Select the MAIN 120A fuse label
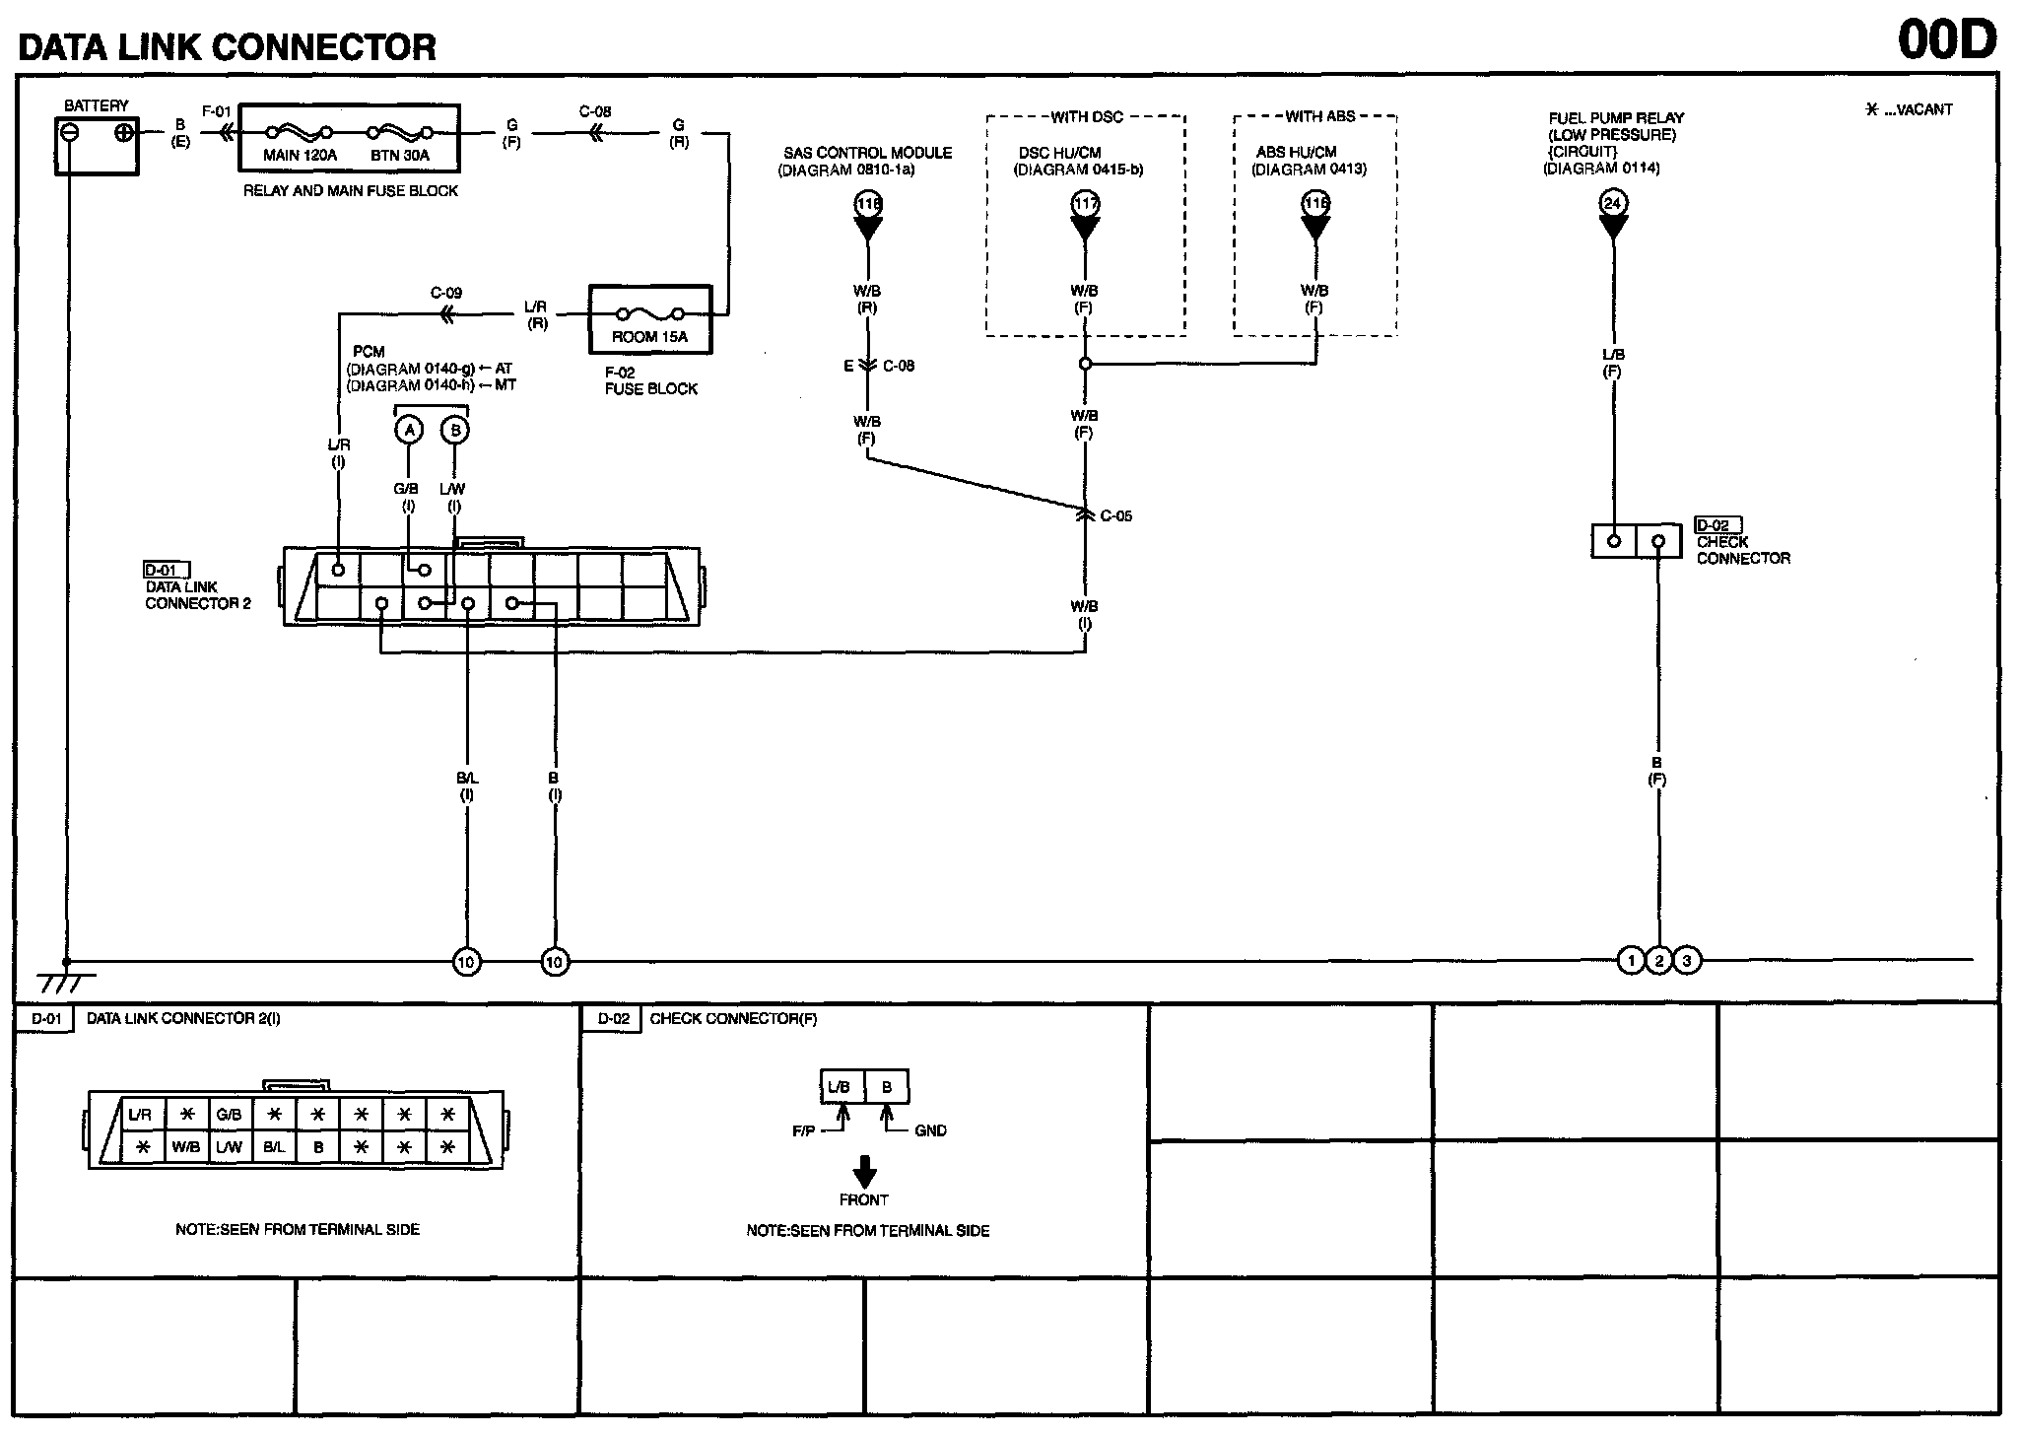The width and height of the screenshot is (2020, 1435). [x=300, y=156]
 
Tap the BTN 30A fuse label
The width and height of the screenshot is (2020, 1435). [x=400, y=156]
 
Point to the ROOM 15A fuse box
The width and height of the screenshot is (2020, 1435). [x=649, y=319]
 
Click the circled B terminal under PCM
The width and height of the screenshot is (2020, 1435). [x=454, y=430]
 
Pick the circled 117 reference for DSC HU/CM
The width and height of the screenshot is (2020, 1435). [x=1085, y=204]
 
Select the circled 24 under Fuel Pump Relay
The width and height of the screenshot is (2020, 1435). [x=1612, y=204]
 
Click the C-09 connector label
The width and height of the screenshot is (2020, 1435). [x=445, y=293]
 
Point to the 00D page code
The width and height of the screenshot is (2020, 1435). [x=1946, y=40]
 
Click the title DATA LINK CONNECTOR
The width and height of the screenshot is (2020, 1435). [x=227, y=46]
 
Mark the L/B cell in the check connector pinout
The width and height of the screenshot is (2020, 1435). [x=839, y=1087]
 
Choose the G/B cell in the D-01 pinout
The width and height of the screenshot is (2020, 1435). [x=229, y=1115]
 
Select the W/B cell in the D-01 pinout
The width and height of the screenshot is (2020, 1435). [x=185, y=1147]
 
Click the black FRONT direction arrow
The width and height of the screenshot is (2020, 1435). [x=864, y=1172]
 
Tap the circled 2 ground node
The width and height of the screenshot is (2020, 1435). [x=1658, y=960]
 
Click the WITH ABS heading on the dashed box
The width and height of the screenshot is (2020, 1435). [x=1319, y=116]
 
